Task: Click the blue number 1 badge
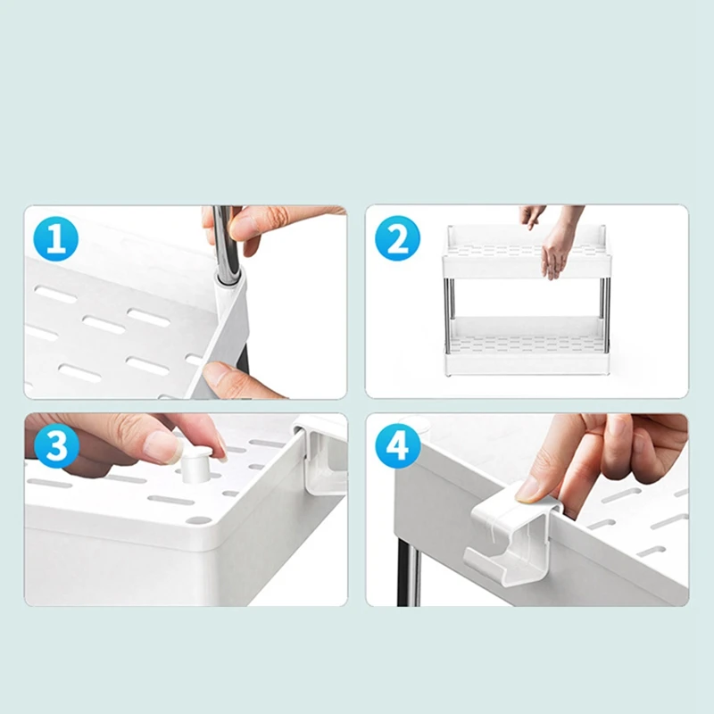pyautogui.click(x=56, y=238)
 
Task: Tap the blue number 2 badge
pyautogui.click(x=397, y=238)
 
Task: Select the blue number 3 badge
pyautogui.click(x=56, y=445)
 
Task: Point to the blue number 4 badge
pyautogui.click(x=397, y=445)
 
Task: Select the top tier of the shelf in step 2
pyautogui.click(x=527, y=252)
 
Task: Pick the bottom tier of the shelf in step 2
pyautogui.click(x=527, y=346)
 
